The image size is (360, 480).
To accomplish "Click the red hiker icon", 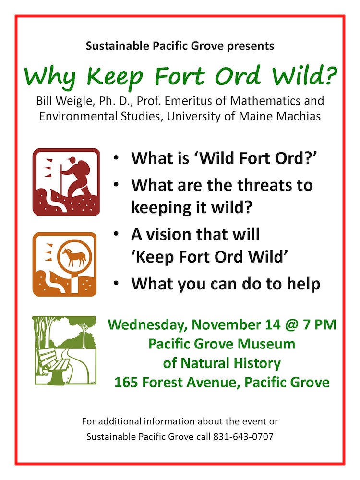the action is (66, 182).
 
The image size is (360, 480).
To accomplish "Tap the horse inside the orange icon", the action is (74, 256).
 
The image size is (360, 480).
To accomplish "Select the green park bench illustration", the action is (64, 350).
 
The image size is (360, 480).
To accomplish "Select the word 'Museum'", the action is (266, 344).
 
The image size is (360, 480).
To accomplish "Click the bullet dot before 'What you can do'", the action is (116, 284).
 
